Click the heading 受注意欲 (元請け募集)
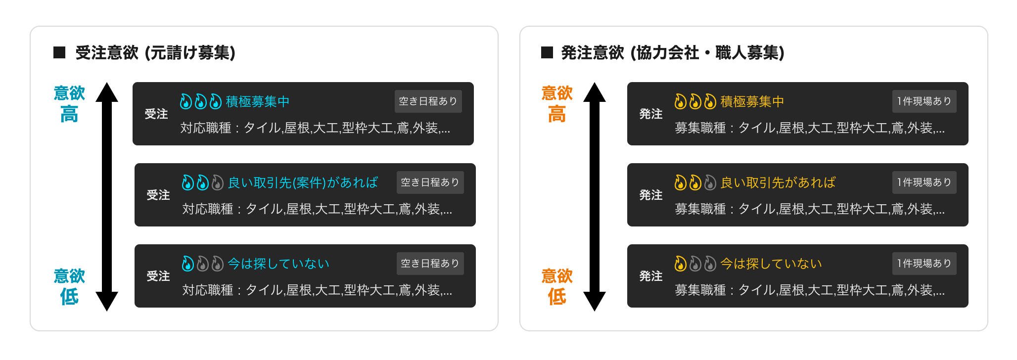click(155, 53)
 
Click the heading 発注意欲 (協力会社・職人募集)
click(673, 53)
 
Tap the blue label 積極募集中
click(257, 102)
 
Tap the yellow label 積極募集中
click(752, 102)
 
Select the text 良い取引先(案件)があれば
click(303, 183)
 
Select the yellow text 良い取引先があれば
click(778, 183)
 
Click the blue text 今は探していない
click(278, 264)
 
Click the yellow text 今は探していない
click(771, 264)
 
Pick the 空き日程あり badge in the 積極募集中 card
click(428, 101)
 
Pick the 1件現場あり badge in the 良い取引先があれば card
click(924, 182)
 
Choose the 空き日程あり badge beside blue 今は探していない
click(430, 264)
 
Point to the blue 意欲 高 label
click(69, 104)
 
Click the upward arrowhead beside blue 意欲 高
click(107, 92)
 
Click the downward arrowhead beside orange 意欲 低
click(595, 301)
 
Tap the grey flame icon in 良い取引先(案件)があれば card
click(218, 183)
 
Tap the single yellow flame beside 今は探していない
click(681, 264)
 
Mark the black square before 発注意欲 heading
click(547, 52)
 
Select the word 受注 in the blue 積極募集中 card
click(156, 114)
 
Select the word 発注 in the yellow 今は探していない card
click(651, 276)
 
